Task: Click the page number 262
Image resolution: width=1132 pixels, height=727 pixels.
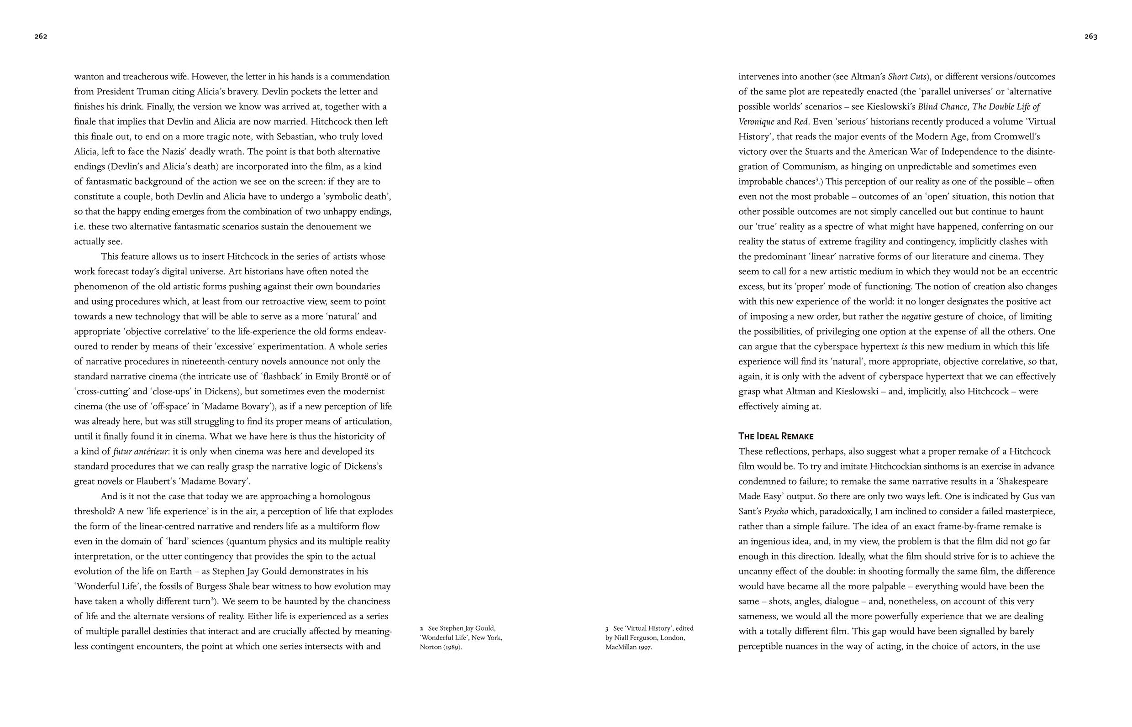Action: (41, 37)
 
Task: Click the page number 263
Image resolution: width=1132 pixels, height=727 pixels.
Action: (1090, 37)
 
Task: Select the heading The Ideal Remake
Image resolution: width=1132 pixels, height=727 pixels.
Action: (775, 436)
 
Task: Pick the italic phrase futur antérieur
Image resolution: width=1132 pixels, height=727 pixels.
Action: (140, 451)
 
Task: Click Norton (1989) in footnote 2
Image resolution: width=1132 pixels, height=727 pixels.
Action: (441, 647)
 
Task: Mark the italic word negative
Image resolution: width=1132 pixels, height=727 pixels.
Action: (916, 316)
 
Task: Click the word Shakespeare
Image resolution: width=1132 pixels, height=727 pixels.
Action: (1020, 481)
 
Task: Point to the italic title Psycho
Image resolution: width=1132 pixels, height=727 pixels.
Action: (776, 511)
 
